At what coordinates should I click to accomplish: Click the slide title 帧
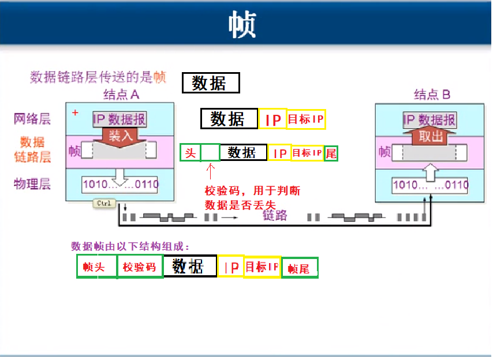pyautogui.click(x=242, y=24)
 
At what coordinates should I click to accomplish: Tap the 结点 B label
pyautogui.click(x=432, y=94)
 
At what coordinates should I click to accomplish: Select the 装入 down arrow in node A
pyautogui.click(x=121, y=136)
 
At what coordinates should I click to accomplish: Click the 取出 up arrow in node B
pyautogui.click(x=431, y=137)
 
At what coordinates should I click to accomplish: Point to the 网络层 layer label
pyautogui.click(x=32, y=119)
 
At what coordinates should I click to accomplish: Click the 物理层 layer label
pyautogui.click(x=32, y=184)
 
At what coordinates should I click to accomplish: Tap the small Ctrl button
pyautogui.click(x=104, y=204)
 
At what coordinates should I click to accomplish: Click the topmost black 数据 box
pyautogui.click(x=210, y=83)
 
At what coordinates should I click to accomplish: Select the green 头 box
pyautogui.click(x=191, y=152)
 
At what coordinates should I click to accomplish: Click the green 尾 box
pyautogui.click(x=331, y=153)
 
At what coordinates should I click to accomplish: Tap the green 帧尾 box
pyautogui.click(x=299, y=268)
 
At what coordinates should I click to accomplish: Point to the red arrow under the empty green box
pyautogui.click(x=210, y=171)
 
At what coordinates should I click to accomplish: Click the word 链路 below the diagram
pyautogui.click(x=275, y=216)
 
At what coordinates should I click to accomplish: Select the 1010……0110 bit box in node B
pyautogui.click(x=430, y=185)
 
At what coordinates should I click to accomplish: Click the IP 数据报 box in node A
pyautogui.click(x=120, y=119)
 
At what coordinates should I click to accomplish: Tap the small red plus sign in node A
pyautogui.click(x=75, y=112)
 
